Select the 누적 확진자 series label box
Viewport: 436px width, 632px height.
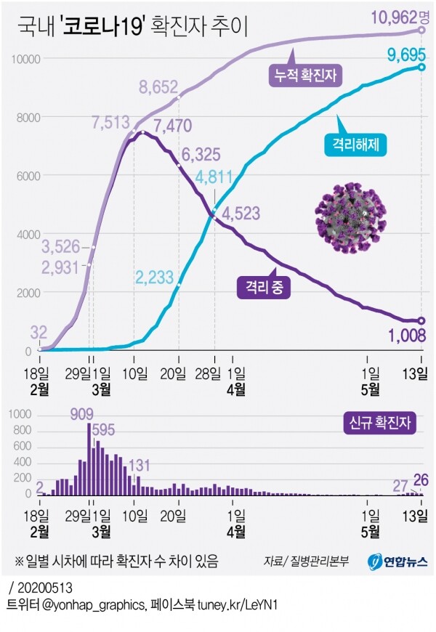click(x=305, y=73)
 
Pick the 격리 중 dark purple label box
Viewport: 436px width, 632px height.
click(x=262, y=288)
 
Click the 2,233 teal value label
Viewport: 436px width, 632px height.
click(x=155, y=277)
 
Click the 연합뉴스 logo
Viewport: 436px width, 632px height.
click(x=397, y=562)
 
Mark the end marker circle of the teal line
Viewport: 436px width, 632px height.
click(x=421, y=68)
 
